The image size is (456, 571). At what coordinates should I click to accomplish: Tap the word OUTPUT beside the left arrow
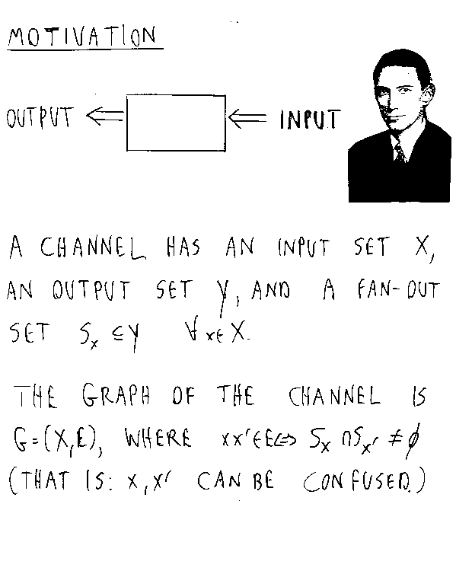(40, 117)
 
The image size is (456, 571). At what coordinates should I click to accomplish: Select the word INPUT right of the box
(310, 120)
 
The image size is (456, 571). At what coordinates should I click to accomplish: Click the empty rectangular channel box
(176, 95)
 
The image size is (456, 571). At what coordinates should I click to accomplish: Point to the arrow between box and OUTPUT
(106, 116)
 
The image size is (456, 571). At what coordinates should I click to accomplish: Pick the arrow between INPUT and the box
(247, 117)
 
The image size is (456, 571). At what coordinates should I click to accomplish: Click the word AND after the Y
(270, 290)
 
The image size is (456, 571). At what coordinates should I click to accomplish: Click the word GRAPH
(116, 394)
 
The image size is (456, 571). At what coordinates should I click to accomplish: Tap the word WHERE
(158, 437)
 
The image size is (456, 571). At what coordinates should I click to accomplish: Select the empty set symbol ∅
(413, 440)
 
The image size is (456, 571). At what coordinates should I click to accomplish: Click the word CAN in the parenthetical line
(219, 480)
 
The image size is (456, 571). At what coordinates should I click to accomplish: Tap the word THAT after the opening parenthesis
(44, 480)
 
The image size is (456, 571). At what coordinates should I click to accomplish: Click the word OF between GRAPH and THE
(184, 395)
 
